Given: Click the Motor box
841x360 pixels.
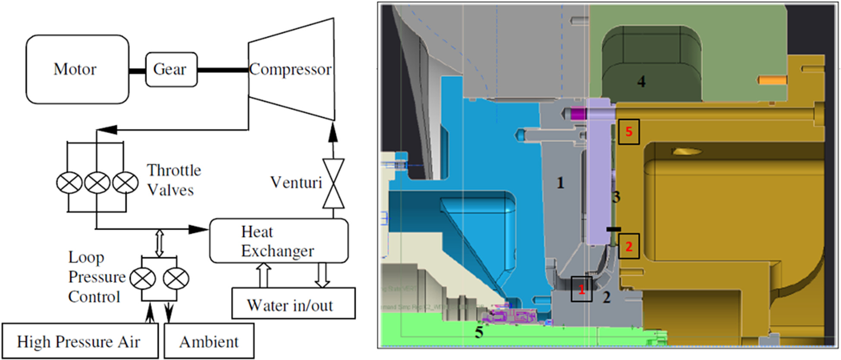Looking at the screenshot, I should tap(77, 69).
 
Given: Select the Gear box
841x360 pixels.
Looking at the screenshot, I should tap(171, 69).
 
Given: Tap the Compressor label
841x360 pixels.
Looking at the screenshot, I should tap(290, 69).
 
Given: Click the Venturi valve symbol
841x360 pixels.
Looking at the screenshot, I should tap(333, 184).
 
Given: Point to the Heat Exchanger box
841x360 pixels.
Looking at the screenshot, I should tap(279, 241).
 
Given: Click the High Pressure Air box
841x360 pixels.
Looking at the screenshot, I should tap(79, 341).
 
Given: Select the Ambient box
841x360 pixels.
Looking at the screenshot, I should tap(209, 341).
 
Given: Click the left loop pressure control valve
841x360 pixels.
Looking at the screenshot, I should tap(143, 279).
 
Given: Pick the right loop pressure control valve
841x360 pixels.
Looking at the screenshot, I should tap(176, 279).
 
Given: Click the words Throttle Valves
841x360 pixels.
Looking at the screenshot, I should tap(173, 180).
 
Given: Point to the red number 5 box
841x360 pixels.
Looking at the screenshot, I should tap(628, 131).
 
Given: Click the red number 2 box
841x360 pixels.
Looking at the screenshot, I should tap(628, 246).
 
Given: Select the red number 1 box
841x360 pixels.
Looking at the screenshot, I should tap(581, 289).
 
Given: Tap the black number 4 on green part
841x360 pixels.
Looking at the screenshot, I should tap(641, 81).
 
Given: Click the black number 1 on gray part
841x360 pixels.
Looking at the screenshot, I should tap(560, 183).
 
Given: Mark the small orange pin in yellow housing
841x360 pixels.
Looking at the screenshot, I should tap(772, 80).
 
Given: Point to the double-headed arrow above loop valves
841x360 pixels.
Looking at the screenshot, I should tap(159, 243).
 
